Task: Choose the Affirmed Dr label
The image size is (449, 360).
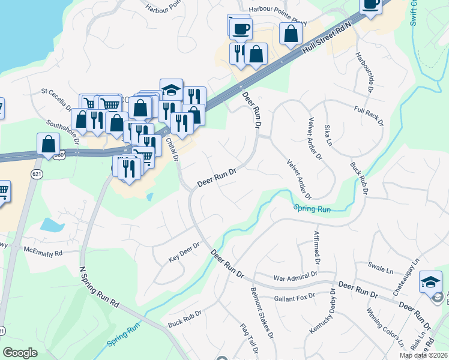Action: [x=316, y=247]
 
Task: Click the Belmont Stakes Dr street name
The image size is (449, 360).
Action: [x=262, y=311]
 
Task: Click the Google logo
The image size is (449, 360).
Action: [x=20, y=353]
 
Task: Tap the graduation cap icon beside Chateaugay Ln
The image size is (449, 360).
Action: [x=431, y=281]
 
